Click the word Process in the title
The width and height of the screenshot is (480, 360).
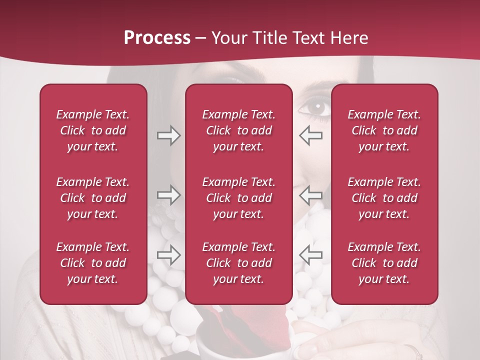[157, 37]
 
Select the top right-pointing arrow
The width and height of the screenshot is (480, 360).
[168, 135]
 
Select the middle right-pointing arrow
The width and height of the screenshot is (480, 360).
[168, 194]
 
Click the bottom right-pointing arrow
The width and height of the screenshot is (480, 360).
[168, 255]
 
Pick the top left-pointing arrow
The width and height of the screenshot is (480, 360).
[311, 135]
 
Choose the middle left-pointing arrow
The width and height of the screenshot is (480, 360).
[311, 194]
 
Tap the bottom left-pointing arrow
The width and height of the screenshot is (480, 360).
[311, 255]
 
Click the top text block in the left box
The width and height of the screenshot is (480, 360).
[93, 130]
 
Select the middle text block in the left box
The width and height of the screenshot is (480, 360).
[93, 198]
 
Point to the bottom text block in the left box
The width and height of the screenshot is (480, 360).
[93, 263]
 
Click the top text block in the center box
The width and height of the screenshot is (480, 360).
[238, 130]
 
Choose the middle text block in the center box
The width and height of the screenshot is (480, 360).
[238, 198]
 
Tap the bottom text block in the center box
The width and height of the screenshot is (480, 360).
[238, 263]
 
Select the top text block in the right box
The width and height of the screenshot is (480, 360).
[384, 130]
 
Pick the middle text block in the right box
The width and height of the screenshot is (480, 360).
[384, 198]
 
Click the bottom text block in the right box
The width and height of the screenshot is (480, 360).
[384, 263]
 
